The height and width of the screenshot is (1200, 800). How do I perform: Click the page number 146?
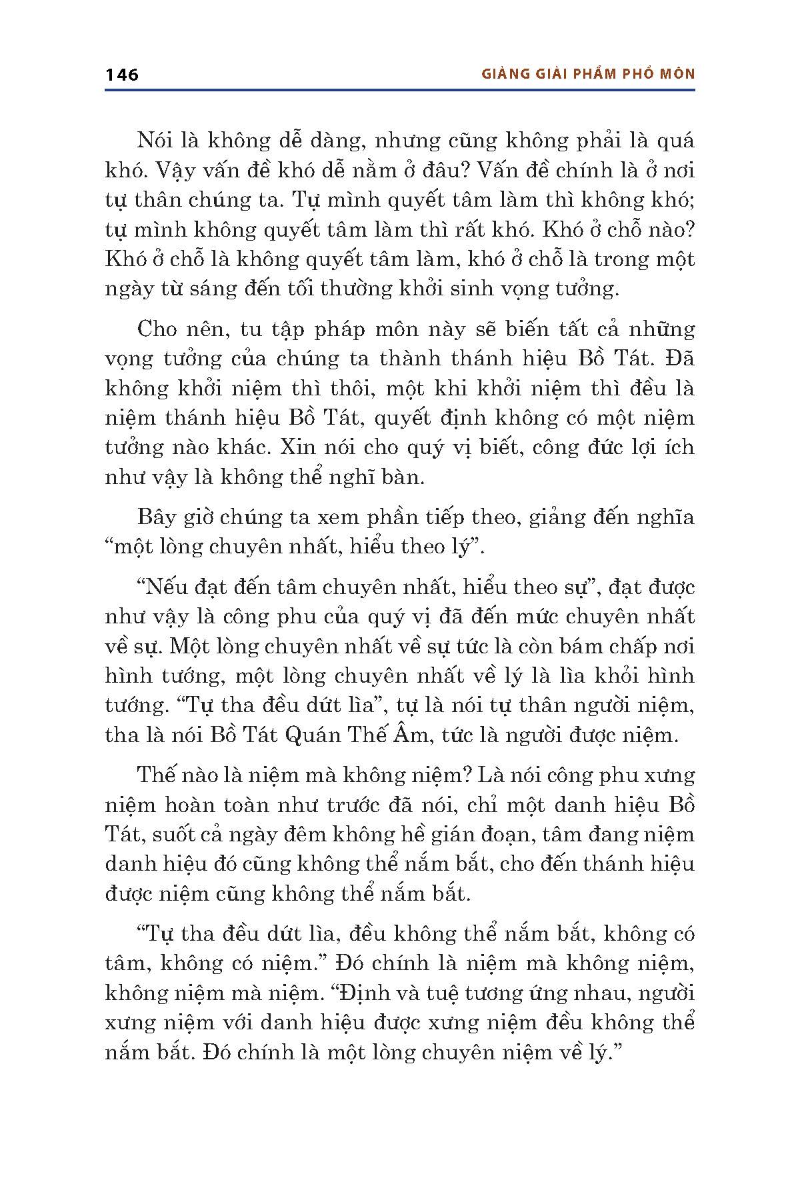(121, 75)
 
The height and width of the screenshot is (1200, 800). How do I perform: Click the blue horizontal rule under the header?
(400, 90)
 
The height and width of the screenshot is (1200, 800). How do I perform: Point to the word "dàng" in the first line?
(336, 141)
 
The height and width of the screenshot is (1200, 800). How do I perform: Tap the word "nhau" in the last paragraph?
(607, 993)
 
